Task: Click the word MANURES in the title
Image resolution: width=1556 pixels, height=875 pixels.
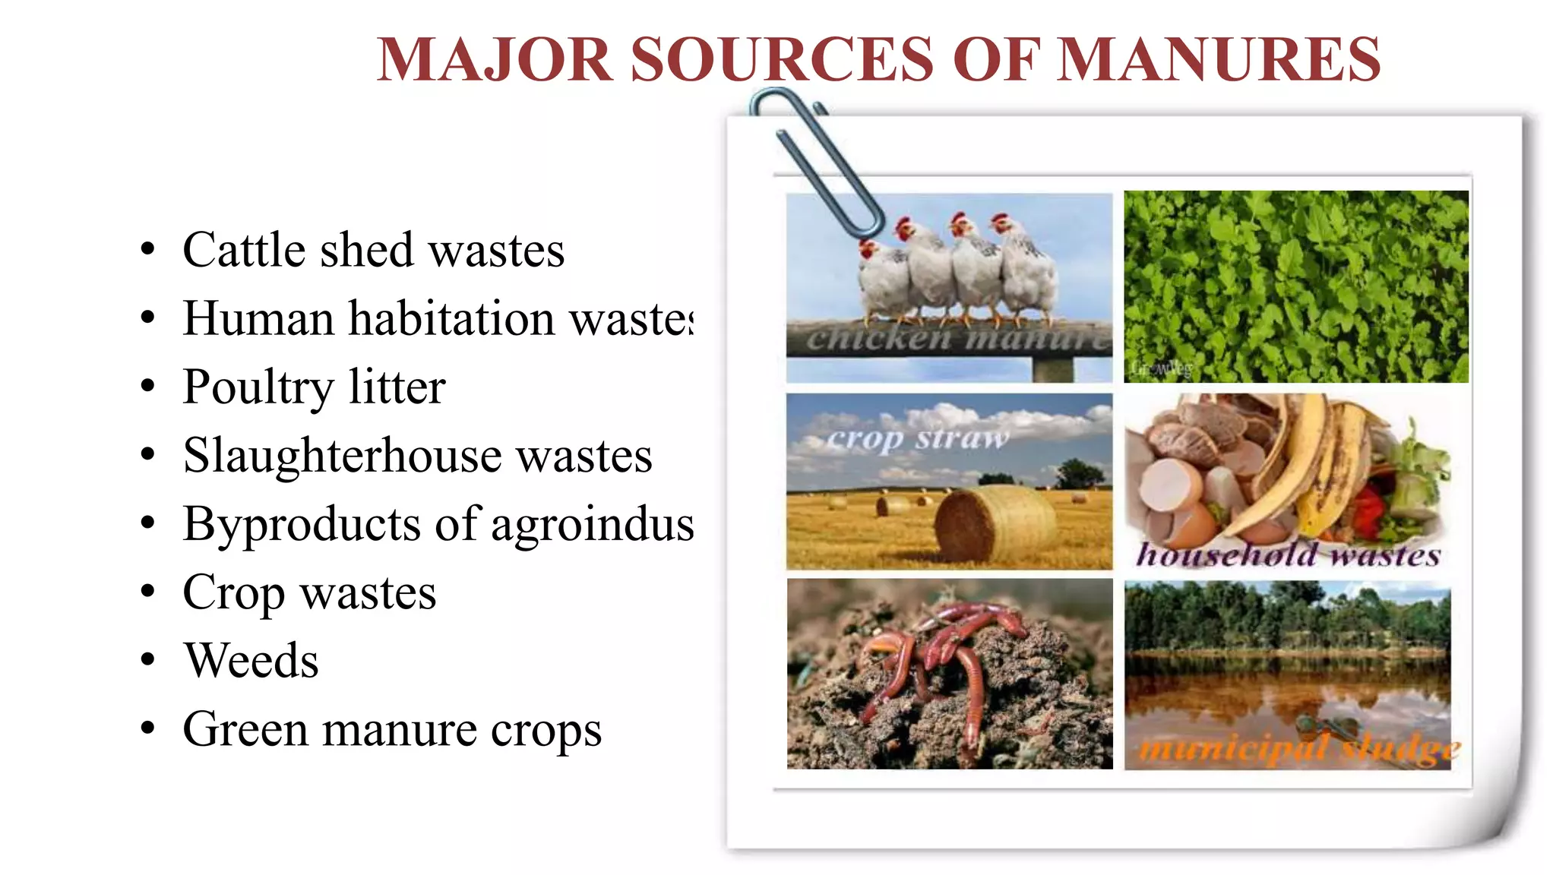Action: [1219, 59]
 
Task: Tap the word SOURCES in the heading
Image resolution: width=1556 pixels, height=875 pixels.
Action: [782, 59]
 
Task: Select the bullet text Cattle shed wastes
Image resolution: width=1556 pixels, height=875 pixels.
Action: [373, 250]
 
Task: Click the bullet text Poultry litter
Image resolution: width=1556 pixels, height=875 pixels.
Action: [314, 387]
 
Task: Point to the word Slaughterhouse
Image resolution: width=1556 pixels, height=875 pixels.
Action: [342, 455]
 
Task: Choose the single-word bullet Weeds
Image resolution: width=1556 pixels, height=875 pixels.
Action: [251, 660]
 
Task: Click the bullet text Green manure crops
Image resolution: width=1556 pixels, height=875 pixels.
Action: [392, 729]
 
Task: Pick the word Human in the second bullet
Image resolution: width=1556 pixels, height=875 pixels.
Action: [258, 318]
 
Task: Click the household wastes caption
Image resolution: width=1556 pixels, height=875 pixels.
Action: [1288, 554]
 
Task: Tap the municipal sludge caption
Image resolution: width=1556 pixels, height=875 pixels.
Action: [1299, 750]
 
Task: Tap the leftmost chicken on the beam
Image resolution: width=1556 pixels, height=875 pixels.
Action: [881, 281]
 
